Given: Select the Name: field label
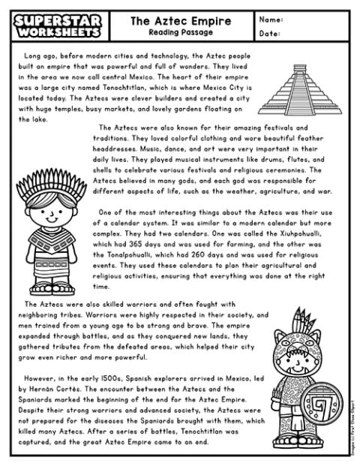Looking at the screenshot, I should [271, 20].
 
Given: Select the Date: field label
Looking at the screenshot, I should [270, 34].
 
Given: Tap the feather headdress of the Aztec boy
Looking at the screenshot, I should [52, 183].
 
